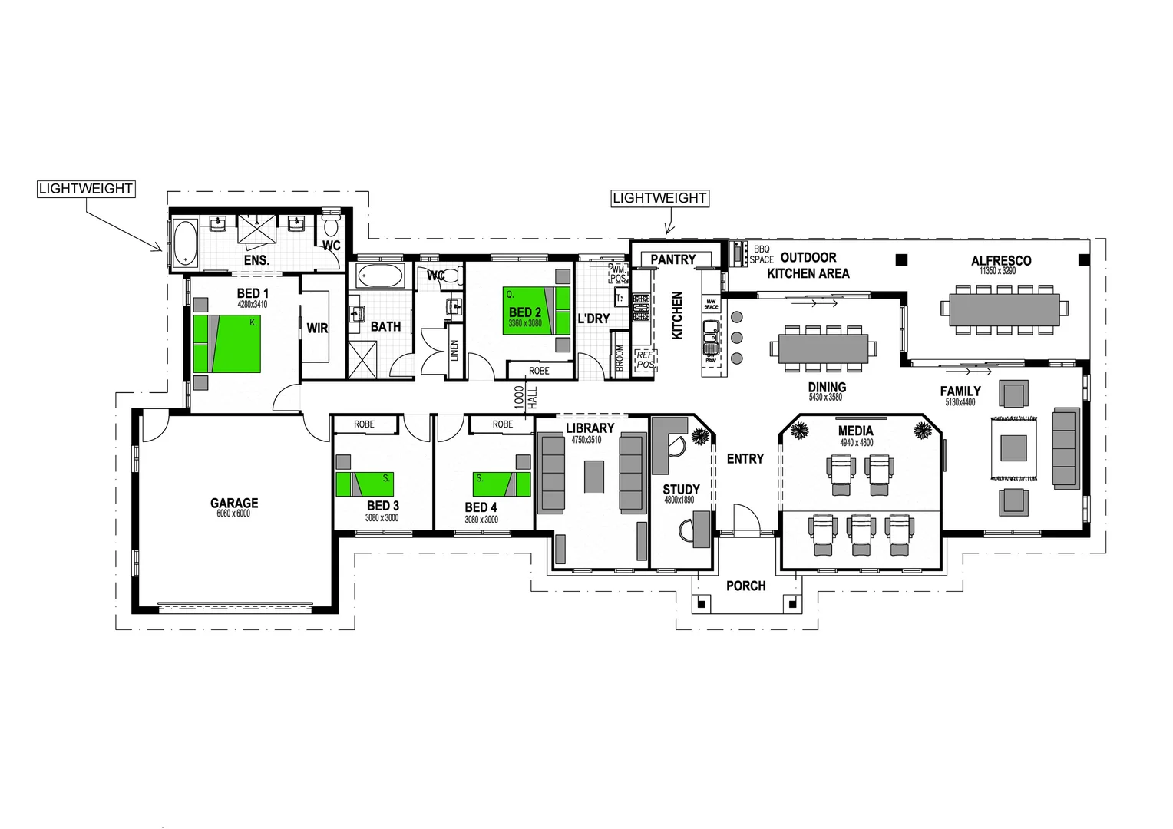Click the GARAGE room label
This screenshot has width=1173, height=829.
tap(234, 504)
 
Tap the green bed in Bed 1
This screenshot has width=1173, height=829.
tap(227, 344)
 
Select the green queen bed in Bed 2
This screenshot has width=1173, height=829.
tap(537, 311)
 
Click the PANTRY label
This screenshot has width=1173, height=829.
tap(672, 259)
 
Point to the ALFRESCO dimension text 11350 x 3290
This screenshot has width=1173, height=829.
tap(997, 271)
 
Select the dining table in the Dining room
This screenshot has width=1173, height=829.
tap(823, 348)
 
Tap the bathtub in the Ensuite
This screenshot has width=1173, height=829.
tap(185, 242)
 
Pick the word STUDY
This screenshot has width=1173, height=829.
tap(681, 489)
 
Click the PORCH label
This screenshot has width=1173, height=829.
tap(745, 586)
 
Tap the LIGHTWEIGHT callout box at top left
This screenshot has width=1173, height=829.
tap(86, 189)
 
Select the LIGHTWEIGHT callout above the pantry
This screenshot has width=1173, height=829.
tap(659, 198)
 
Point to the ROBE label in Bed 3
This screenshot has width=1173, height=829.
tap(364, 424)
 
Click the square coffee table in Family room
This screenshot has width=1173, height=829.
tap(1013, 448)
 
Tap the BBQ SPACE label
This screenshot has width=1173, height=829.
tap(761, 255)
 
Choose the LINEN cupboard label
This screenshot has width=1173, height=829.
tap(454, 350)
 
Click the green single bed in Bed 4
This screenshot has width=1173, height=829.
tap(501, 484)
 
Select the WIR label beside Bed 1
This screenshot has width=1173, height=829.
tap(317, 328)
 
